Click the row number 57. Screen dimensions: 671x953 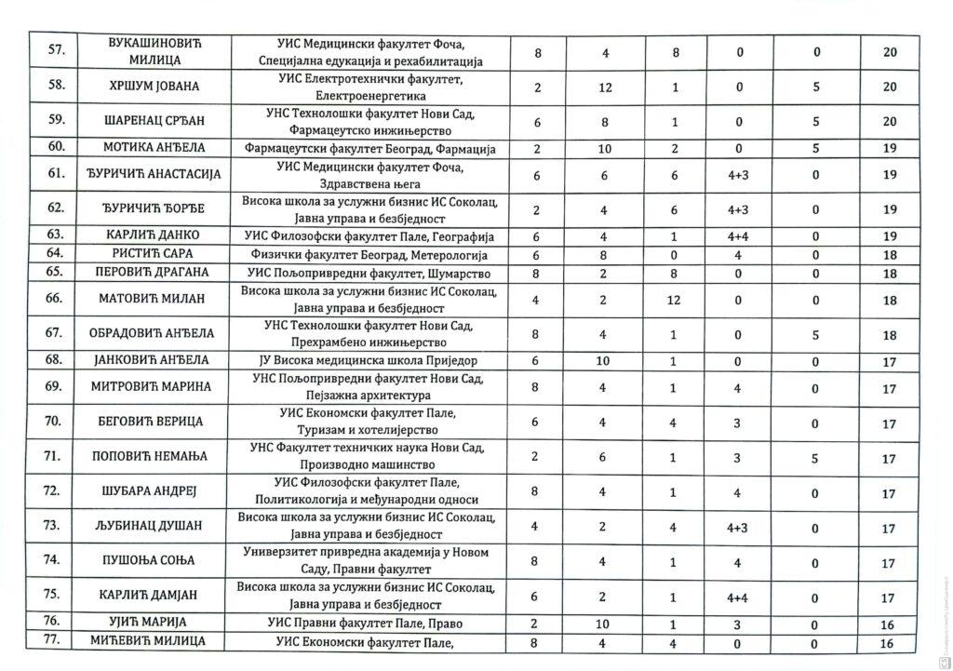coord(55,53)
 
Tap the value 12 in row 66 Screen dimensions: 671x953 coord(674,300)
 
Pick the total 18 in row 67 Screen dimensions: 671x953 coord(889,334)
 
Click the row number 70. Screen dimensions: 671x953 coord(55,423)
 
